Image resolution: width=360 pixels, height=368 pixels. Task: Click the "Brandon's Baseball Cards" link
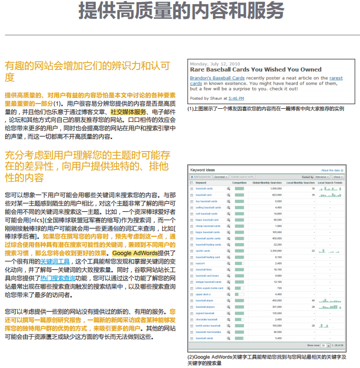pyautogui.click(x=217, y=78)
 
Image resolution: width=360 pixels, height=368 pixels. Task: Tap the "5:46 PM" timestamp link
pyautogui.click(x=236, y=98)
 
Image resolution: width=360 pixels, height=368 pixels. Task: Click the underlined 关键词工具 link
pyautogui.click(x=55, y=261)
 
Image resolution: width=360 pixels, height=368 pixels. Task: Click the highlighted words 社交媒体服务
pyautogui.click(x=128, y=112)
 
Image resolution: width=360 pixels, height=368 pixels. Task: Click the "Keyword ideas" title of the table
pyautogui.click(x=203, y=170)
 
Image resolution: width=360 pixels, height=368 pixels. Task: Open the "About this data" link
pyautogui.click(x=330, y=170)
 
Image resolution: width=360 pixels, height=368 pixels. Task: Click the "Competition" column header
pyautogui.click(x=239, y=183)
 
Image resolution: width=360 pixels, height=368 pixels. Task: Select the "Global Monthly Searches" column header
pyautogui.click(x=267, y=183)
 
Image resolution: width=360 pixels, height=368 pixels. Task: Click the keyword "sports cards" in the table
pyautogui.click(x=203, y=251)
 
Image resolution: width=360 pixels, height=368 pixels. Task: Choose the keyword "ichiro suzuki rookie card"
pyautogui.click(x=209, y=288)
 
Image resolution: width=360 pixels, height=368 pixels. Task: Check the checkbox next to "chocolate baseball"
pyautogui.click(x=192, y=319)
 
